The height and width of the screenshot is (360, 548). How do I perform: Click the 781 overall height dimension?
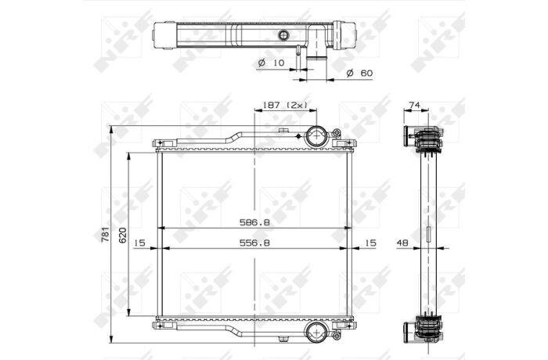pyautogui.click(x=105, y=234)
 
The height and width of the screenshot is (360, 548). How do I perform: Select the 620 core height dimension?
pyautogui.click(x=122, y=236)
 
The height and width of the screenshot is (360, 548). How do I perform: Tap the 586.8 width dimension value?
pyautogui.click(x=254, y=222)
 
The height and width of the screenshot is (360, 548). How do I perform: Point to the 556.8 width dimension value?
pyautogui.click(x=254, y=243)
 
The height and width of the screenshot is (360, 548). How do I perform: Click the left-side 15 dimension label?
pyautogui.click(x=139, y=243)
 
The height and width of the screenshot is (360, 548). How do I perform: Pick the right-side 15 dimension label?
pyautogui.click(x=370, y=243)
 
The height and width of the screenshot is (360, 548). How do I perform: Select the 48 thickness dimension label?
pyautogui.click(x=402, y=243)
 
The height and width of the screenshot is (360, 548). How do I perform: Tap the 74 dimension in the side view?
pyautogui.click(x=414, y=105)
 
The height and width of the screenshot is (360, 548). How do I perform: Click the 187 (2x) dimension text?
pyautogui.click(x=285, y=105)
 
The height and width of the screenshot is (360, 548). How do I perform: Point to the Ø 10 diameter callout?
pyautogui.click(x=271, y=63)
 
